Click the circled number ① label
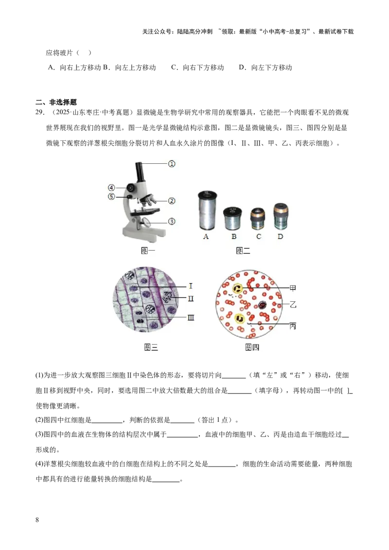point(172,164)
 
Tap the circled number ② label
point(172,200)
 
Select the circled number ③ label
point(172,222)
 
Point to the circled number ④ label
point(111,188)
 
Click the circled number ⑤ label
point(111,197)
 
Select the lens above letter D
point(280,216)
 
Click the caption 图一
point(148,251)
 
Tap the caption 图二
point(243,251)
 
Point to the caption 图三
point(151,347)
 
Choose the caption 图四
point(252,347)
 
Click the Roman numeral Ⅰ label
point(191,286)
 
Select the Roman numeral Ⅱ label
point(191,298)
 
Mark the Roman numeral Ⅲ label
point(191,317)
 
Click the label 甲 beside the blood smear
point(293,288)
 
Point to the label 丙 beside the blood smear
point(293,326)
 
